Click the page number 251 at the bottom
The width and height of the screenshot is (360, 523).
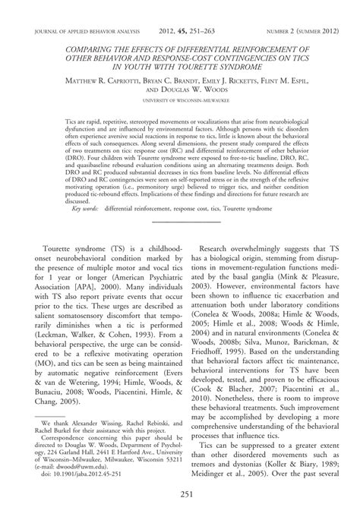tap(179, 496)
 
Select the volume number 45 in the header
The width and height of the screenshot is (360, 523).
tap(173, 32)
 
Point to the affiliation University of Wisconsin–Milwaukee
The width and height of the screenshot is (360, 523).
tap(179, 100)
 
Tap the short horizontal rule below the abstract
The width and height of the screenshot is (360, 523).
tap(179, 221)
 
